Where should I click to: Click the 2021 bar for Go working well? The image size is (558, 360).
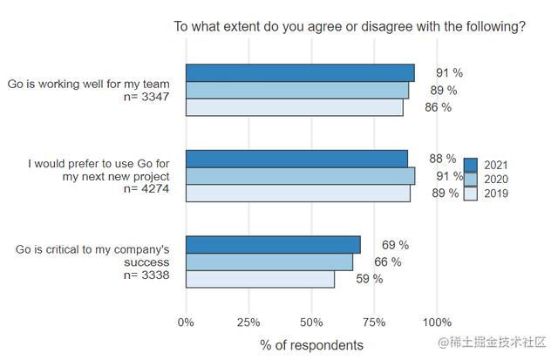(x=300, y=72)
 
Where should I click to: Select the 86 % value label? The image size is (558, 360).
(x=439, y=107)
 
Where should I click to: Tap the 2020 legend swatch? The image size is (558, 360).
(x=472, y=179)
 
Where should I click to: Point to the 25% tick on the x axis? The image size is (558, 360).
(x=249, y=323)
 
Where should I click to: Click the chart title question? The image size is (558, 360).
(x=350, y=27)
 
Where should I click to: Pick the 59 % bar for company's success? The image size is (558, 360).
(x=260, y=279)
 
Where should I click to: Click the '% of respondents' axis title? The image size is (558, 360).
(x=311, y=345)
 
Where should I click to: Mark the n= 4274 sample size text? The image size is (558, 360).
(x=152, y=189)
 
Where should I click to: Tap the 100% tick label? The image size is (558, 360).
(x=437, y=323)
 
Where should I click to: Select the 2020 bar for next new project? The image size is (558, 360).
(x=301, y=176)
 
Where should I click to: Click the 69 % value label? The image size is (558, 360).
(x=395, y=245)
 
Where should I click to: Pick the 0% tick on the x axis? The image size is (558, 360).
(x=186, y=323)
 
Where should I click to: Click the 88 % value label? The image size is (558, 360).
(x=443, y=159)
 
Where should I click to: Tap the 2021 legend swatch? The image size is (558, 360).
(x=472, y=164)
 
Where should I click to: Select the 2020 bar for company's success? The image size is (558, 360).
(x=269, y=262)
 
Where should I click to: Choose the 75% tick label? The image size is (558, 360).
(x=374, y=323)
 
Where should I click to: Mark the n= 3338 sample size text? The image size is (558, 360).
(x=152, y=275)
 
